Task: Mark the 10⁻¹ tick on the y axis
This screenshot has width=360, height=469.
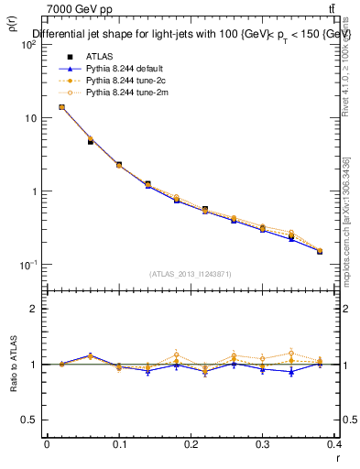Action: [x=29, y=265]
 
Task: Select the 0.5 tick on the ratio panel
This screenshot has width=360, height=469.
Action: [x=32, y=420]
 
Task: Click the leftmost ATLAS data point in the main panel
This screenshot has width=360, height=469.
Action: [x=61, y=107]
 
